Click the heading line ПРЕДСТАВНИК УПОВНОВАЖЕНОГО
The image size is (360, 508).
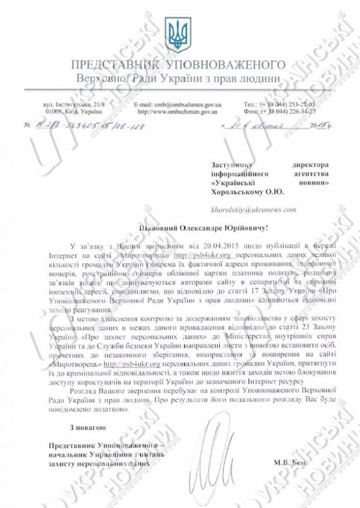(x=178, y=65)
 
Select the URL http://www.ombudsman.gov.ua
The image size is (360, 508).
(x=174, y=111)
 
